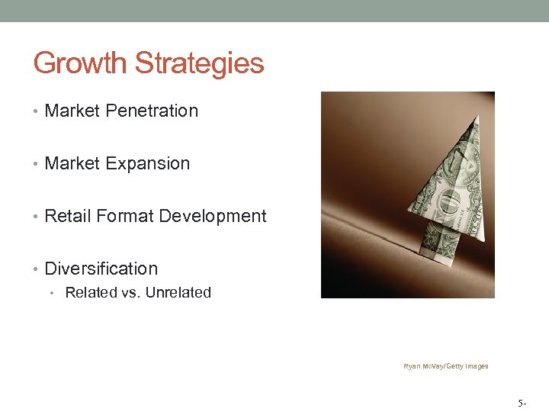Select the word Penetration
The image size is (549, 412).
[152, 111]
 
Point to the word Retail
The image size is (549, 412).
[66, 216]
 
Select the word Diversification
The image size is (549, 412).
[101, 269]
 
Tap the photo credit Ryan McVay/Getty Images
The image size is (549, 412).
[446, 366]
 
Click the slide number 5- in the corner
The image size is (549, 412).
[522, 401]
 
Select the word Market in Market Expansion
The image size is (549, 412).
[73, 163]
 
